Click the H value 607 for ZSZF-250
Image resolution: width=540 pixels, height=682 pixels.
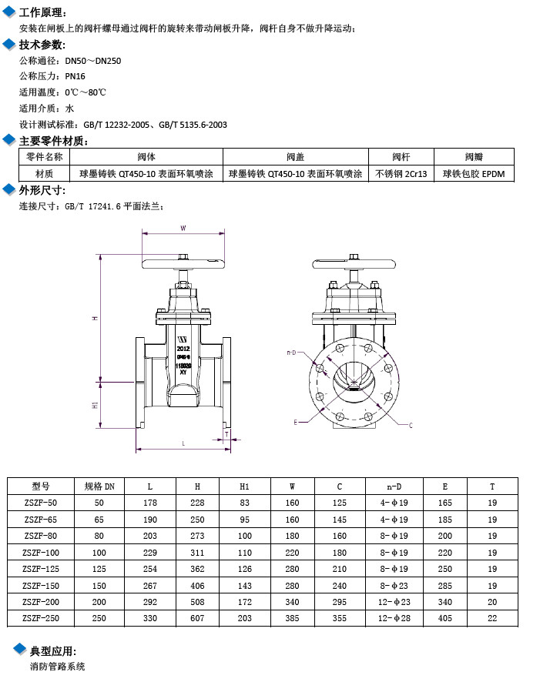click(x=197, y=617)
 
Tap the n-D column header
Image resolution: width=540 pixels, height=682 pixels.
click(x=394, y=486)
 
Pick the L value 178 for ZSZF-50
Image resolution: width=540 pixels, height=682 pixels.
click(x=150, y=502)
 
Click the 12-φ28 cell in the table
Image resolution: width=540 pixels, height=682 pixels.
click(x=394, y=617)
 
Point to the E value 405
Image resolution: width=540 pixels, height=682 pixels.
click(x=444, y=617)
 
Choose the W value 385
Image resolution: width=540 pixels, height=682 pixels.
click(x=293, y=617)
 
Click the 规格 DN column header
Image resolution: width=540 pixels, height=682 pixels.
click(x=99, y=486)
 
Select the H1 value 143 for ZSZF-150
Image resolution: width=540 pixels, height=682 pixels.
click(x=245, y=585)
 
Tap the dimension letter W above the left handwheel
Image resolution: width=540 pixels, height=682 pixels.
click(x=183, y=228)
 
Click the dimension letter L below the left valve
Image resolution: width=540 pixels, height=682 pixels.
click(x=183, y=443)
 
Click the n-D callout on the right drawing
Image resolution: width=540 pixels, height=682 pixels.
click(x=291, y=353)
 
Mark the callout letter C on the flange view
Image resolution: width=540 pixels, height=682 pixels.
click(x=410, y=425)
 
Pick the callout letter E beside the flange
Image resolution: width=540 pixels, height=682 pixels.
click(x=295, y=422)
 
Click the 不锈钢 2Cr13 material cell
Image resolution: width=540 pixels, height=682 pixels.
click(x=401, y=174)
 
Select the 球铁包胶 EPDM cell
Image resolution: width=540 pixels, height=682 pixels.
click(x=473, y=174)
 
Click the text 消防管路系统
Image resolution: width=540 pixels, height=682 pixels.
click(x=57, y=666)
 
